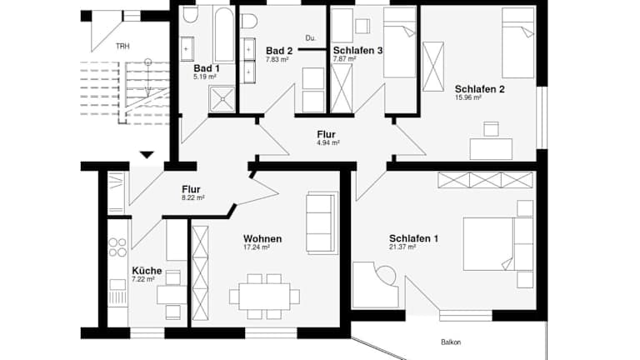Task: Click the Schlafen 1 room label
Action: point(413,238)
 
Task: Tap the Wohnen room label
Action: point(262,238)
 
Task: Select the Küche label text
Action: point(147,271)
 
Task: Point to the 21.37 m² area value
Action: point(402,247)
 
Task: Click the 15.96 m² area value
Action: point(468,98)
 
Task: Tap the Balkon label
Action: point(451,342)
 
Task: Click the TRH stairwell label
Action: point(122,47)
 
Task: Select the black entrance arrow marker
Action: point(147,155)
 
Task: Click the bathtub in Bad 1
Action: point(224,35)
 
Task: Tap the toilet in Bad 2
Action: point(249,21)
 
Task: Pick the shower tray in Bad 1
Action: point(222,98)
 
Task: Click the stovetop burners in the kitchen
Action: point(117,247)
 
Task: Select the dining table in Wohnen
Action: point(264,297)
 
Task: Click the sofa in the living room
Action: point(322,222)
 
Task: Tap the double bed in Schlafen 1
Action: point(498,244)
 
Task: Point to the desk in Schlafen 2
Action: point(491,149)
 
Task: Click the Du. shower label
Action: point(311,38)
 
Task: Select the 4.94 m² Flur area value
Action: point(327,142)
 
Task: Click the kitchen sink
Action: point(117,284)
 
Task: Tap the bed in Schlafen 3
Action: point(400,42)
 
